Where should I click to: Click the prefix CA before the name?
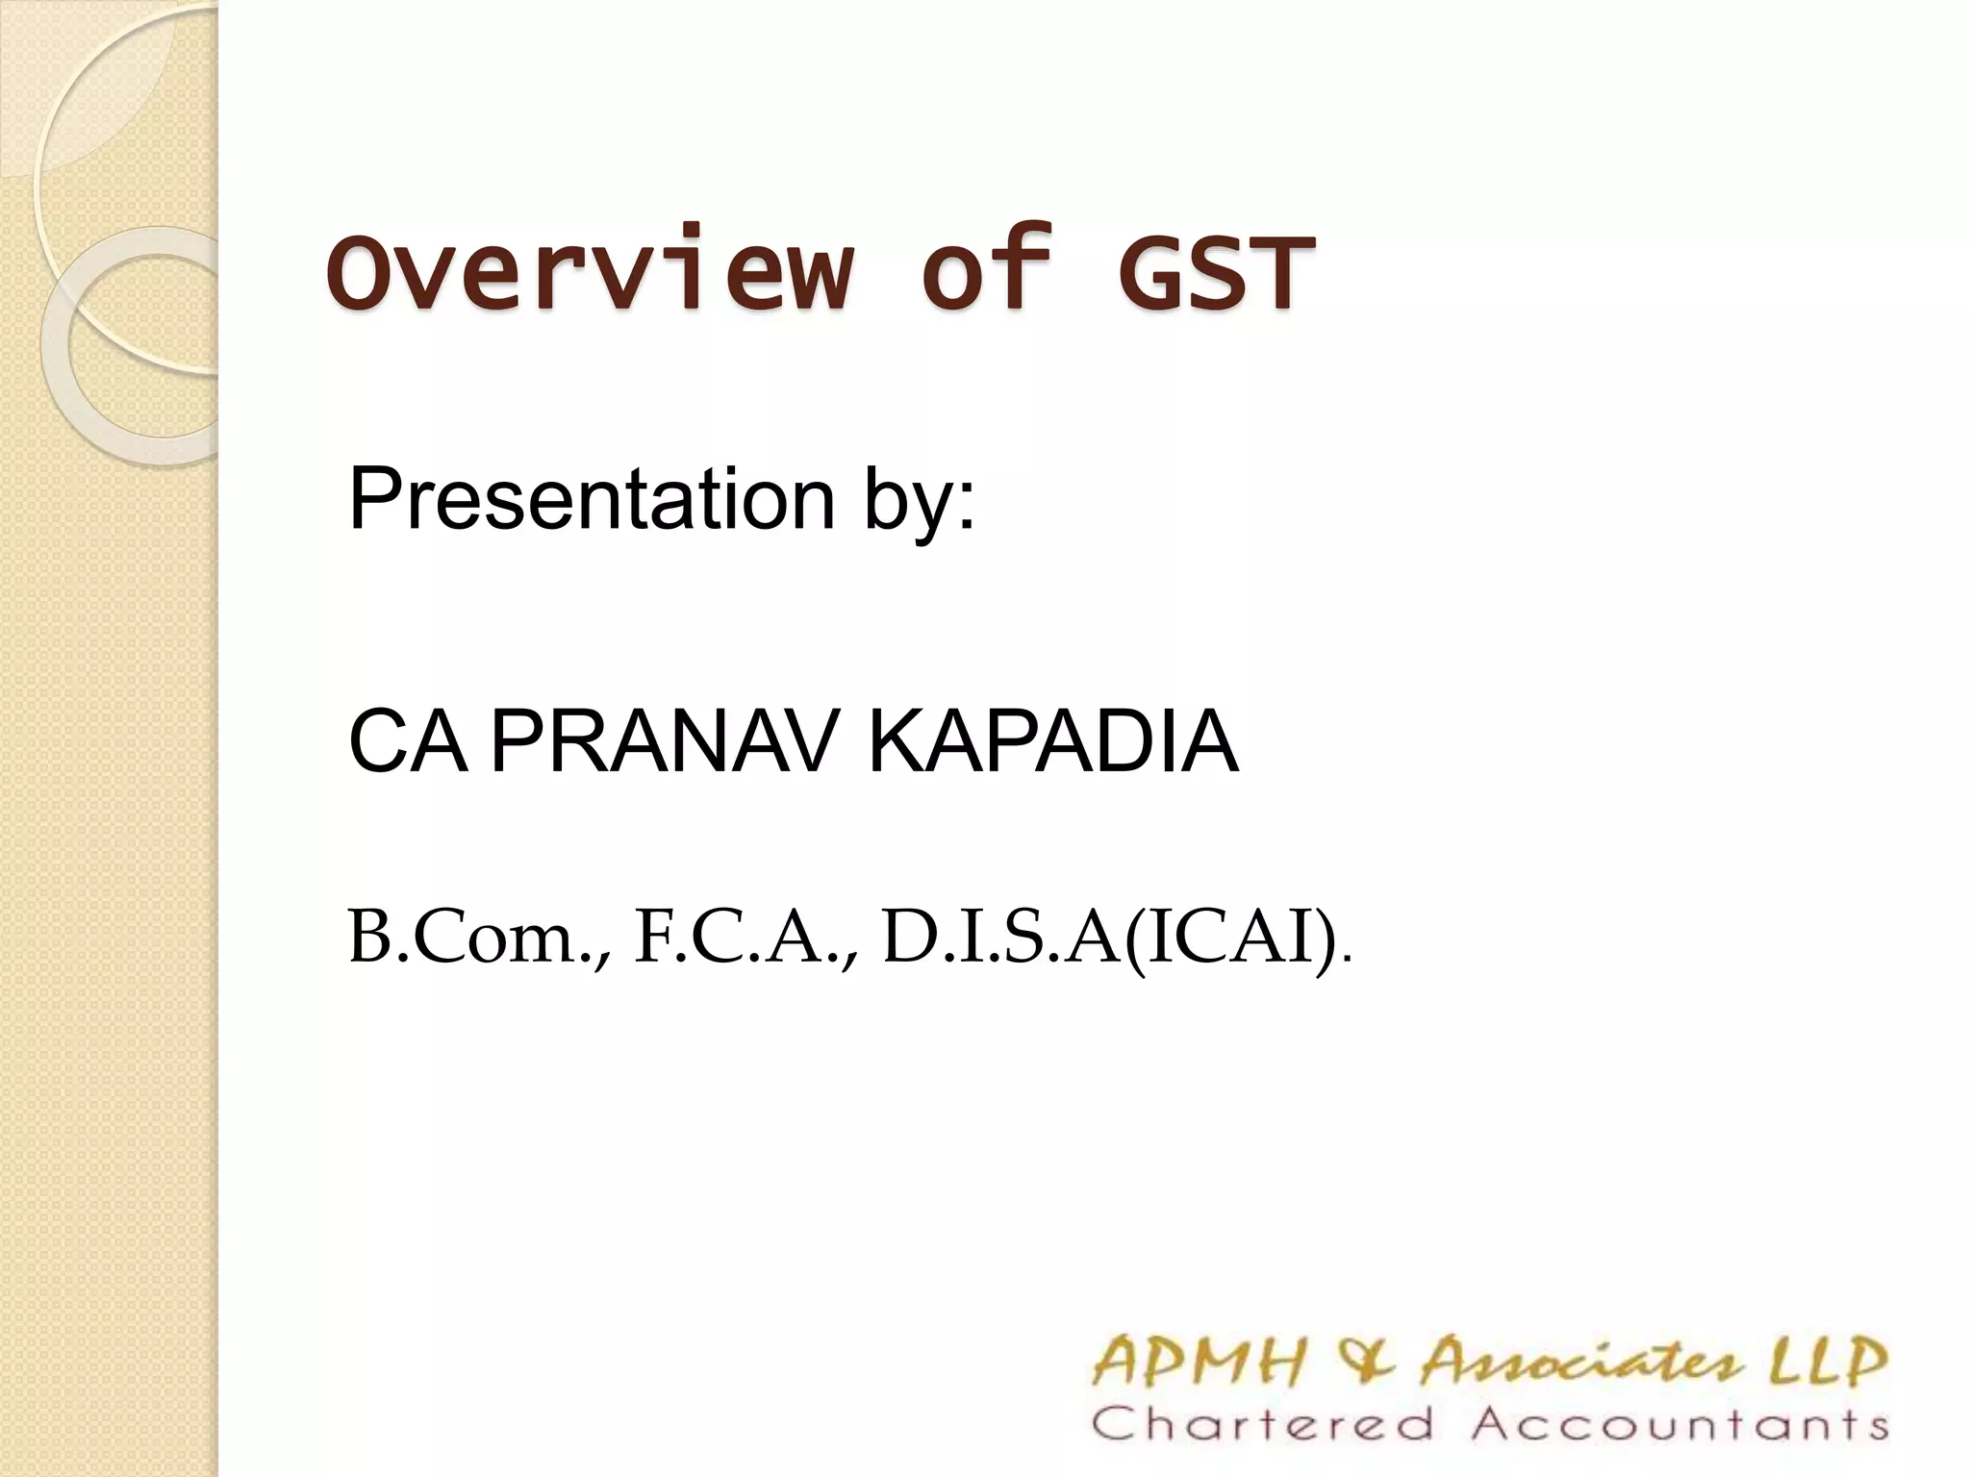click(x=408, y=741)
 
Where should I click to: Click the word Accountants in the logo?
click(x=1679, y=1424)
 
